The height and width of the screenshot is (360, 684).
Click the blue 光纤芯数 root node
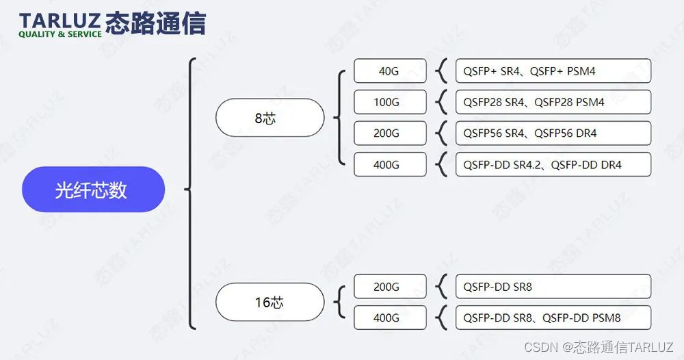[93, 190]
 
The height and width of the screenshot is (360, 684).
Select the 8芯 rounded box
[269, 118]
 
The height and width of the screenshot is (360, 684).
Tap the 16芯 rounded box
[269, 302]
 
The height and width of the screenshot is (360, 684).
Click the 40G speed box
[390, 70]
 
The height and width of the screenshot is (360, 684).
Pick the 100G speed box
[390, 102]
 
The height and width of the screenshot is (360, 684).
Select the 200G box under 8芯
[390, 133]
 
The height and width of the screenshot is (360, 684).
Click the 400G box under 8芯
[390, 164]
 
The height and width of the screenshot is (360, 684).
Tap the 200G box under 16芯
[390, 287]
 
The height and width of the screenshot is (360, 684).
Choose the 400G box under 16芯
[390, 318]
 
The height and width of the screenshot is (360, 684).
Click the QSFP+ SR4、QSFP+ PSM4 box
[553, 70]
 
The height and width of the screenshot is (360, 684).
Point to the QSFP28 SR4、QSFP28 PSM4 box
[553, 102]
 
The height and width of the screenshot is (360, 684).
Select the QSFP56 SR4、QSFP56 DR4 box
[553, 133]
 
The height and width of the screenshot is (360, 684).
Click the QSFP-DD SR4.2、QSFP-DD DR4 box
[553, 164]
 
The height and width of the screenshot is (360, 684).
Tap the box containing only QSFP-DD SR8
[553, 287]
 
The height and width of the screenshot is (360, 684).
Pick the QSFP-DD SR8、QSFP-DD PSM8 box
[553, 318]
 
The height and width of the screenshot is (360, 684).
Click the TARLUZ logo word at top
[60, 19]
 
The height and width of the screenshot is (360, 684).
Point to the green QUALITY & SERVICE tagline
[60, 34]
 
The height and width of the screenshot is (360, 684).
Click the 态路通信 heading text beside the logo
[156, 22]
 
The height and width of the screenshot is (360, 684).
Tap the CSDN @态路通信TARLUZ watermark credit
[599, 347]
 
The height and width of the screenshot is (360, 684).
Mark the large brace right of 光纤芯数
[192, 192]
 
